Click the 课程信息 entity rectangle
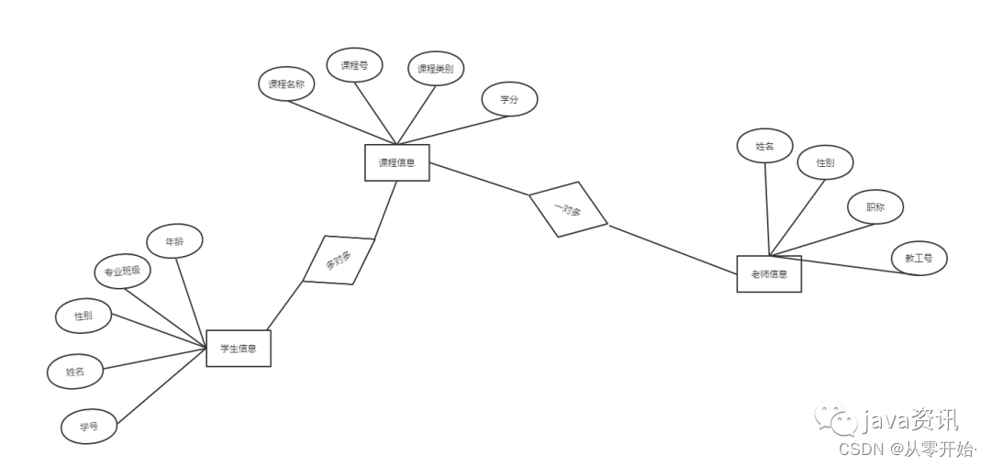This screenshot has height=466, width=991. [x=396, y=162]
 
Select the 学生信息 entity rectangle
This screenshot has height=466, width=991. [x=238, y=348]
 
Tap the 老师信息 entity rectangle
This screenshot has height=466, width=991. [x=769, y=273]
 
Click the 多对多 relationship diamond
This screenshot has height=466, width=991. [x=339, y=261]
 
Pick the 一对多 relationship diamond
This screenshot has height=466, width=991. [x=568, y=210]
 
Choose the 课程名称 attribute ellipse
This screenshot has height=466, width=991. [x=286, y=84]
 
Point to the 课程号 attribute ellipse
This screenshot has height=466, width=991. [x=354, y=65]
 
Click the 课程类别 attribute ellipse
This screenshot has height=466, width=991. [x=435, y=68]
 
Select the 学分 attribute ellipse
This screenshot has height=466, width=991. [x=509, y=99]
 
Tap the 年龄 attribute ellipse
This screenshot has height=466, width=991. [x=174, y=240]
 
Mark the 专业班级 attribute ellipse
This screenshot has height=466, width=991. [x=122, y=272]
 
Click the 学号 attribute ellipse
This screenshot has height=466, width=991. [x=88, y=427]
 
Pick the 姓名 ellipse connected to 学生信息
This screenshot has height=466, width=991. [x=74, y=372]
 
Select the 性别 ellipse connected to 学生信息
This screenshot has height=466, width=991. [x=84, y=316]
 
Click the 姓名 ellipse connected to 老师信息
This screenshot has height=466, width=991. [x=764, y=146]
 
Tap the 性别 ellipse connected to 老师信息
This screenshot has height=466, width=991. [x=825, y=162]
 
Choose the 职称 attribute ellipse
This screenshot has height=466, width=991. [x=875, y=207]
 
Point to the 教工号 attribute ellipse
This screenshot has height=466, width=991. [x=919, y=259]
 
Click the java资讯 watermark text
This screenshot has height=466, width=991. [x=908, y=421]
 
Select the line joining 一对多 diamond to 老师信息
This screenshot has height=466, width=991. [x=674, y=249]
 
